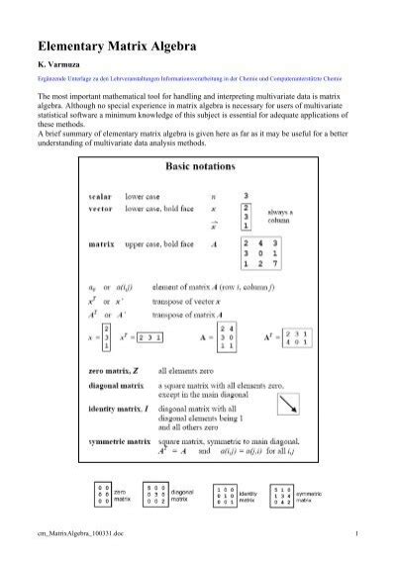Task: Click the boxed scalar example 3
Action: (x=247, y=196)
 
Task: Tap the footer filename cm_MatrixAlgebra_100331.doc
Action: (x=78, y=535)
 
